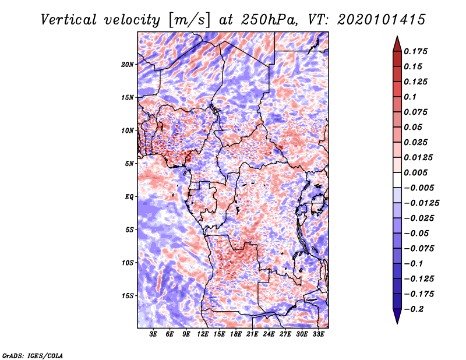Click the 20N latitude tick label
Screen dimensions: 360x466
pos(128,64)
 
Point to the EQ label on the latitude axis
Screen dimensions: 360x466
pos(129,196)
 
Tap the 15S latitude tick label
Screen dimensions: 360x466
pos(128,295)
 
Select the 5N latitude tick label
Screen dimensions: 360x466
pos(129,163)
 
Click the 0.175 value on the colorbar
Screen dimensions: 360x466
pos(417,51)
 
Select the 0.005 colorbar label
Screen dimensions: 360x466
pos(417,172)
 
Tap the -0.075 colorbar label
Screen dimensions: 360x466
pos(419,248)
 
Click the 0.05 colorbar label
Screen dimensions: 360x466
pos(414,127)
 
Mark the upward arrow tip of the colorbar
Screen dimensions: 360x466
pos(396,38)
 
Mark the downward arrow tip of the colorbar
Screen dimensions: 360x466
pos(396,322)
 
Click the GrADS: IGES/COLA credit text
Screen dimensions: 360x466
pos(33,355)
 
